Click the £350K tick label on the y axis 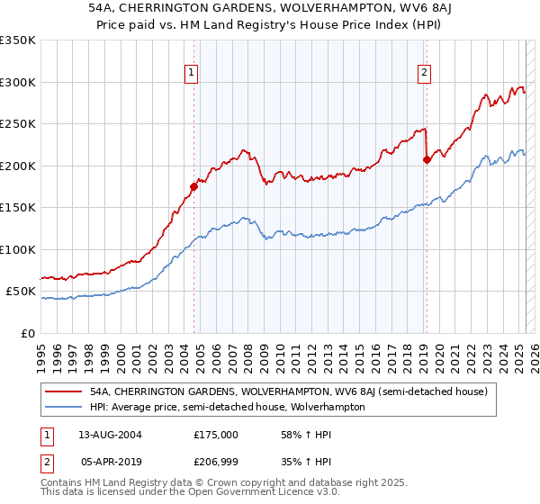tap(18, 40)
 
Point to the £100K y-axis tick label tap(18, 249)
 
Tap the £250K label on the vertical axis tap(18, 124)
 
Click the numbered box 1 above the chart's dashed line tap(192, 75)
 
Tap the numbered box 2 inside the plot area tap(424, 75)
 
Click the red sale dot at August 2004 tap(193, 187)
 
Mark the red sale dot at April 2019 tap(427, 160)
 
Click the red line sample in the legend tap(65, 391)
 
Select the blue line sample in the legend tap(65, 407)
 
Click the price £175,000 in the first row tap(215, 435)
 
